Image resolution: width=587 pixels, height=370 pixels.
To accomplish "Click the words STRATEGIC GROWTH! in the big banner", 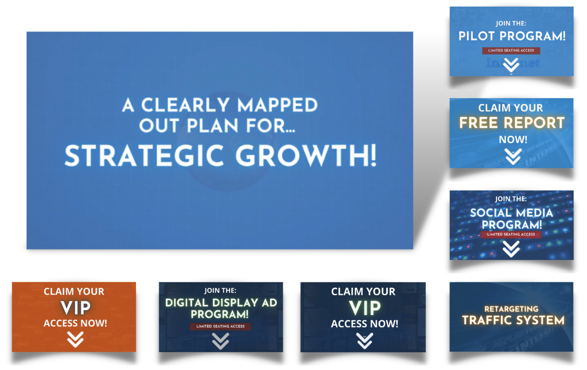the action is (x=220, y=156).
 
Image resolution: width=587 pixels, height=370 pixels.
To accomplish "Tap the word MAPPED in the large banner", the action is (x=277, y=105).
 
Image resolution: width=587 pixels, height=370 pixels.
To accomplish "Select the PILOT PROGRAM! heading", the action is (x=512, y=36).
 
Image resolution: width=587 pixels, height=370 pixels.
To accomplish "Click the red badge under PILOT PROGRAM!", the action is (x=511, y=50).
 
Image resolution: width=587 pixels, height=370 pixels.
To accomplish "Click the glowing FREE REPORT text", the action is (x=512, y=123).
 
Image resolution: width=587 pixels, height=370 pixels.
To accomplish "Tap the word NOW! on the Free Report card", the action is (x=513, y=140).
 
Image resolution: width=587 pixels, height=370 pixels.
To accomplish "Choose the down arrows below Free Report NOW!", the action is (x=513, y=157).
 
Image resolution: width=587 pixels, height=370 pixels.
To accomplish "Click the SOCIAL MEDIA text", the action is (x=512, y=213).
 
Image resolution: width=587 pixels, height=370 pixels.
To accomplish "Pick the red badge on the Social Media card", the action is (x=511, y=234).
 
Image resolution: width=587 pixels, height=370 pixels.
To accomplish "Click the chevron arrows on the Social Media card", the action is (x=511, y=249).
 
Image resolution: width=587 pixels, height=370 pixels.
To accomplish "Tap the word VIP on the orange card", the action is (x=75, y=308).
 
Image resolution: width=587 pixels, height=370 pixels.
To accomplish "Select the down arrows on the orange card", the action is (x=75, y=339).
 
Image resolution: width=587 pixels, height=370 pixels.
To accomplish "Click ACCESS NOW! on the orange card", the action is (x=75, y=323).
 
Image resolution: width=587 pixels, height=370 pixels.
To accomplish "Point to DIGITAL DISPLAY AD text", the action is (x=221, y=303).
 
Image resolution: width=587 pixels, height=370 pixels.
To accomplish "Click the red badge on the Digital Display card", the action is (x=220, y=326).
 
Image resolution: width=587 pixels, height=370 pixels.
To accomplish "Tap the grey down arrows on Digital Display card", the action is (x=220, y=341).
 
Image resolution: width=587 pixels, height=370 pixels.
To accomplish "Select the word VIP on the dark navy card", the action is (x=365, y=308).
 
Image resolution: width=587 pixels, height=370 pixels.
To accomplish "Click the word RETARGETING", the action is (x=512, y=309).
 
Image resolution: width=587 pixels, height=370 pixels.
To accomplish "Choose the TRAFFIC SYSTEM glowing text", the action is (x=513, y=320).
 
